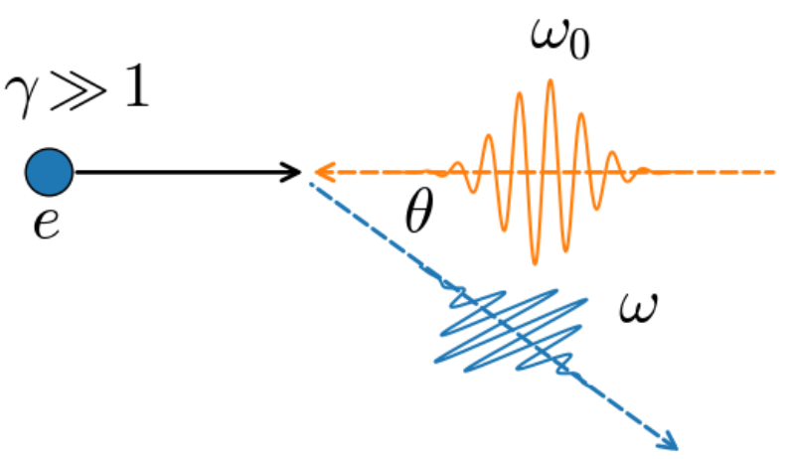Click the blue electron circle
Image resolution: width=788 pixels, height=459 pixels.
[50, 172]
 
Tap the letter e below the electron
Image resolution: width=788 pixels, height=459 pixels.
[47, 224]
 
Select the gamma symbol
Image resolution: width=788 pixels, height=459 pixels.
[21, 96]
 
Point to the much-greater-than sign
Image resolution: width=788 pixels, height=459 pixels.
[79, 90]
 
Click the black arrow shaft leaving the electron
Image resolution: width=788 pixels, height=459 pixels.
[187, 172]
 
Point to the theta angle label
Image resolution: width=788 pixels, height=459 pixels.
[418, 211]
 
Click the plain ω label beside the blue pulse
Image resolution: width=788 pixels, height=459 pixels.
[638, 307]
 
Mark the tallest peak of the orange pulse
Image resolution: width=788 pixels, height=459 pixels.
[551, 80]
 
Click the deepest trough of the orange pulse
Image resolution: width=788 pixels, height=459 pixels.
[535, 262]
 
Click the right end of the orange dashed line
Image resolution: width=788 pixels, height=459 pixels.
[774, 172]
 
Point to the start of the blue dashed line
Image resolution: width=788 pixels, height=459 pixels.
[311, 183]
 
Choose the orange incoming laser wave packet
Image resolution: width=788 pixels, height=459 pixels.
[543, 172]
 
